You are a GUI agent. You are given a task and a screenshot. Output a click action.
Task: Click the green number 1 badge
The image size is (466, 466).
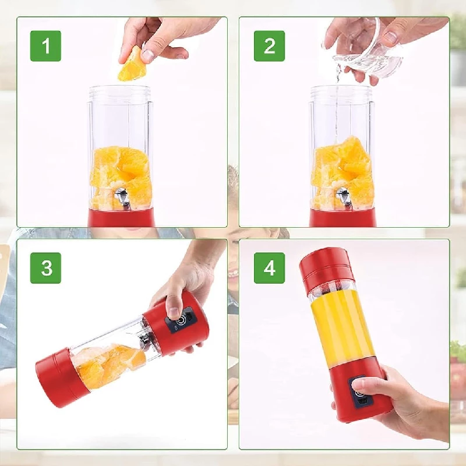tap(45, 46)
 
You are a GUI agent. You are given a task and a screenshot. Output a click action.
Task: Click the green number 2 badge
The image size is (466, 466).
tap(269, 46)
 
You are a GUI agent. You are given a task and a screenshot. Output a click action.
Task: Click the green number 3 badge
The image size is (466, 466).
tap(45, 268)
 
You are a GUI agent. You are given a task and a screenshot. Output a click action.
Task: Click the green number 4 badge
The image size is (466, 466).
tap(269, 268)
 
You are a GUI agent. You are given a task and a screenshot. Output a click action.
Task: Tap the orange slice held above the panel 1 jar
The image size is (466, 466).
tap(131, 65)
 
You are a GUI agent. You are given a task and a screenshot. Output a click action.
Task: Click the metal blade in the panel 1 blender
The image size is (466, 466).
tap(122, 198)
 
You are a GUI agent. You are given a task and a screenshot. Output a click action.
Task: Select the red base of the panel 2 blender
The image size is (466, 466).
tap(341, 218)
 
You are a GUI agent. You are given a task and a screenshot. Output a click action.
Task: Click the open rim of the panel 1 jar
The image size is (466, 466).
tap(119, 90)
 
